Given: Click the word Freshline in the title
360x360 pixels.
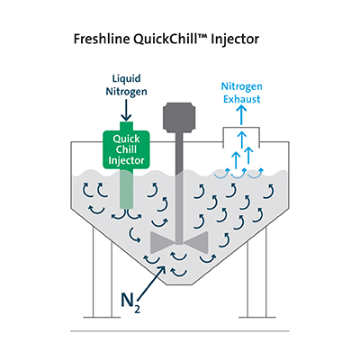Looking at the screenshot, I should (103, 40).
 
